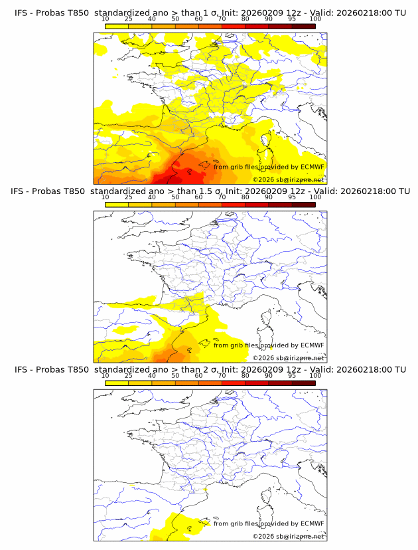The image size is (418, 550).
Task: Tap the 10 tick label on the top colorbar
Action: coord(105,19)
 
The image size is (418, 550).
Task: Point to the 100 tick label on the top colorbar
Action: coord(315,19)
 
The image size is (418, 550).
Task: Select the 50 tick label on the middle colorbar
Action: coord(175,197)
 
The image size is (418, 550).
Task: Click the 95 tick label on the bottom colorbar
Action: coord(292,375)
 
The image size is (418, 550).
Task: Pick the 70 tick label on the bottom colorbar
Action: coord(222,375)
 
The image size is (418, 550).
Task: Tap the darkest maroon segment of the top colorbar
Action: coord(304,26)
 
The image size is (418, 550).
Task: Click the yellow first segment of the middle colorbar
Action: coord(117,205)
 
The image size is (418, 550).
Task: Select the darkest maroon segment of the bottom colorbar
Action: coord(304,383)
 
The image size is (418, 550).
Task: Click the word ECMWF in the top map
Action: coord(312,167)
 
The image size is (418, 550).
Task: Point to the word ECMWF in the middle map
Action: coord(312,345)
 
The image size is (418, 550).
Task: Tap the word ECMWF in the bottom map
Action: coord(312,523)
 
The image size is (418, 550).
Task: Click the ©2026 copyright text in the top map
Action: coord(263,179)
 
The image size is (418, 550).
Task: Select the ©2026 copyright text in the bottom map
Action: coord(263,536)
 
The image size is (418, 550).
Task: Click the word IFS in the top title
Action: coord(21,13)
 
